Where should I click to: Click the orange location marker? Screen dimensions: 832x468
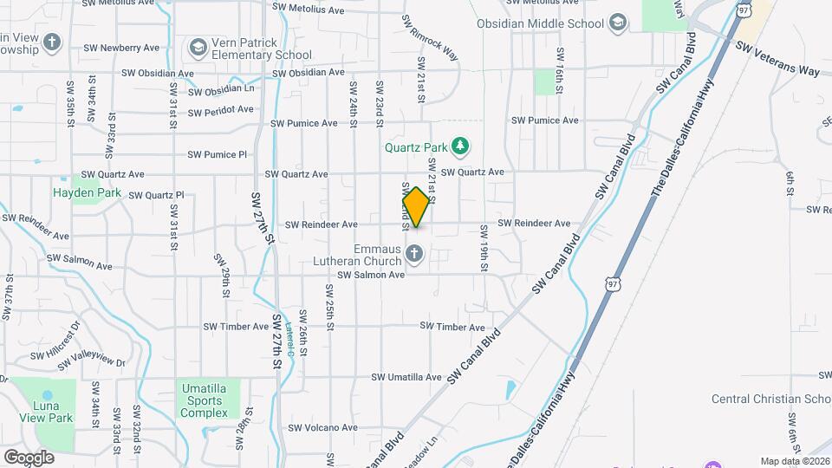click(417, 206)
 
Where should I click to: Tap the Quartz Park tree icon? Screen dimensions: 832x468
click(461, 146)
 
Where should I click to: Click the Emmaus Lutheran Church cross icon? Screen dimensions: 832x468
click(414, 254)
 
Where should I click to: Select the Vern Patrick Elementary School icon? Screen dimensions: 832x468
click(198, 46)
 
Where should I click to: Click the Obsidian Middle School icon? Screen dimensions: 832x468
click(617, 23)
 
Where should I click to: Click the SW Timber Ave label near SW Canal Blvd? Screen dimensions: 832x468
click(452, 327)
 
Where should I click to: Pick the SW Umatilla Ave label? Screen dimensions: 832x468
click(406, 378)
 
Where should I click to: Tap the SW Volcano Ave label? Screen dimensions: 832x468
click(322, 427)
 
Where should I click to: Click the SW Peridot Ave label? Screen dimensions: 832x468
click(221, 111)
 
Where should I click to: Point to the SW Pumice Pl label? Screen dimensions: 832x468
click(218, 155)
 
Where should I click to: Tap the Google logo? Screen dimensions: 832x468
click(29, 457)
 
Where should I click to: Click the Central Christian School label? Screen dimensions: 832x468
click(770, 399)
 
